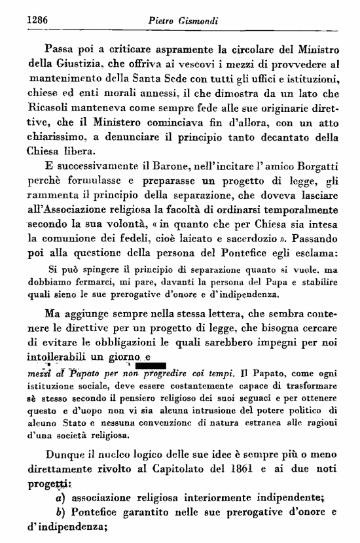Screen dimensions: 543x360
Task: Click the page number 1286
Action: [x=38, y=20]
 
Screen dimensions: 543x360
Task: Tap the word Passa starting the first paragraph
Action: [x=61, y=48]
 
